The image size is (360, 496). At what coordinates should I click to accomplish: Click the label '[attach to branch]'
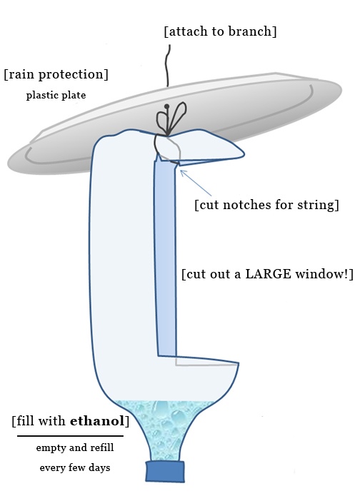click(219, 32)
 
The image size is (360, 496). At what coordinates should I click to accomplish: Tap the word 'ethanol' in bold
click(97, 420)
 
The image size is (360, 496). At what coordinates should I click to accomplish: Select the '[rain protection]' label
click(56, 74)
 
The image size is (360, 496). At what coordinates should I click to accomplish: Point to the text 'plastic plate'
click(56, 94)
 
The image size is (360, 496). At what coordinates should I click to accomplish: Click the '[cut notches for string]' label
click(266, 205)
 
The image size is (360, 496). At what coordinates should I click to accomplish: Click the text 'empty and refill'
click(74, 448)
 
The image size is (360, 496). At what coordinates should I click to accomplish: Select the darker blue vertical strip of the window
click(165, 257)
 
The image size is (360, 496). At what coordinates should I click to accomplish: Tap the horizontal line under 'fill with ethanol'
click(70, 435)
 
